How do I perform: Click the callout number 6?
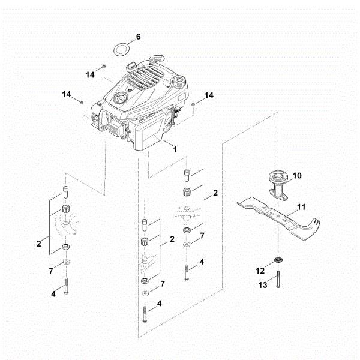[138, 37]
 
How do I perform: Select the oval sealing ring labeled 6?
[121, 48]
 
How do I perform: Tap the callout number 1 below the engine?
[175, 148]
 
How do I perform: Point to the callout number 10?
[298, 176]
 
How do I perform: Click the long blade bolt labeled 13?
[278, 281]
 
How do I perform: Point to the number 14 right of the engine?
[209, 95]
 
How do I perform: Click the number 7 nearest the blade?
[202, 236]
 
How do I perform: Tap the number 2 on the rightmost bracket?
[215, 194]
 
